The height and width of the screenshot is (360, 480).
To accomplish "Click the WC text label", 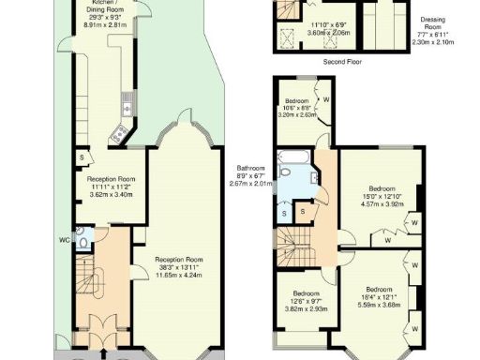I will (65, 240).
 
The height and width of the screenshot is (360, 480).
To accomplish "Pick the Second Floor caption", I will (342, 61).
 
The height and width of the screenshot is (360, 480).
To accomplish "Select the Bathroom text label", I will (250, 168).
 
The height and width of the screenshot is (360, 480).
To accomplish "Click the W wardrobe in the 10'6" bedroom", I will (324, 97).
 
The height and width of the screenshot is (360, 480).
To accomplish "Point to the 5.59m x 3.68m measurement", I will (380, 305).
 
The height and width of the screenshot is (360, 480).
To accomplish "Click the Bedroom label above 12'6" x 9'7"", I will (303, 292).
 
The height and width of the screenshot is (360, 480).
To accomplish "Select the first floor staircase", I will (296, 248).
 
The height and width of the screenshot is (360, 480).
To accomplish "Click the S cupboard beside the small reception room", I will (82, 157).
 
